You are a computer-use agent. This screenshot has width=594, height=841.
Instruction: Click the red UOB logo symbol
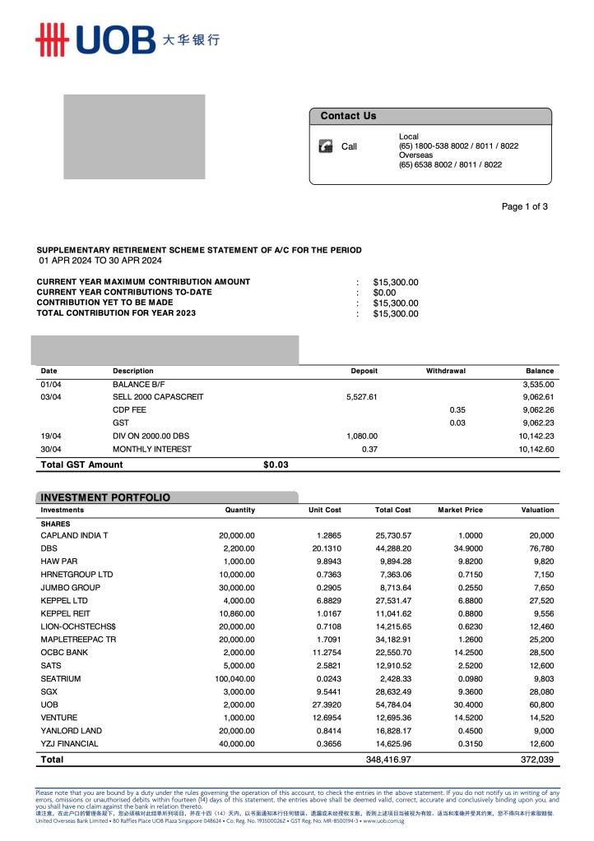50,39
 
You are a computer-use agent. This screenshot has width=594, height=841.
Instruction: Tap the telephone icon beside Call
325,146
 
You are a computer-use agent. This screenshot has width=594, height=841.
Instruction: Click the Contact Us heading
348,116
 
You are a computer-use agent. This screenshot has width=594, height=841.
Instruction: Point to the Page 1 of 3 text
524,206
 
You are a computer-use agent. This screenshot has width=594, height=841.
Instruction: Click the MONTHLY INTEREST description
151,450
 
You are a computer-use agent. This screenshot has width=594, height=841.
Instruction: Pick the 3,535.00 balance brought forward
538,384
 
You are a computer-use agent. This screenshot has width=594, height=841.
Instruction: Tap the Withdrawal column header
445,371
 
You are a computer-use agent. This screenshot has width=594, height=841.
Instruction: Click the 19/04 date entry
51,436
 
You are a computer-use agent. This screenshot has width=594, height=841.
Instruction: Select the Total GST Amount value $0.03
276,464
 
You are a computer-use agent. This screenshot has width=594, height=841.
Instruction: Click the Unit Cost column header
324,511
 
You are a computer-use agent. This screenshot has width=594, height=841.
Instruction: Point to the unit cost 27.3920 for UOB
325,705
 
